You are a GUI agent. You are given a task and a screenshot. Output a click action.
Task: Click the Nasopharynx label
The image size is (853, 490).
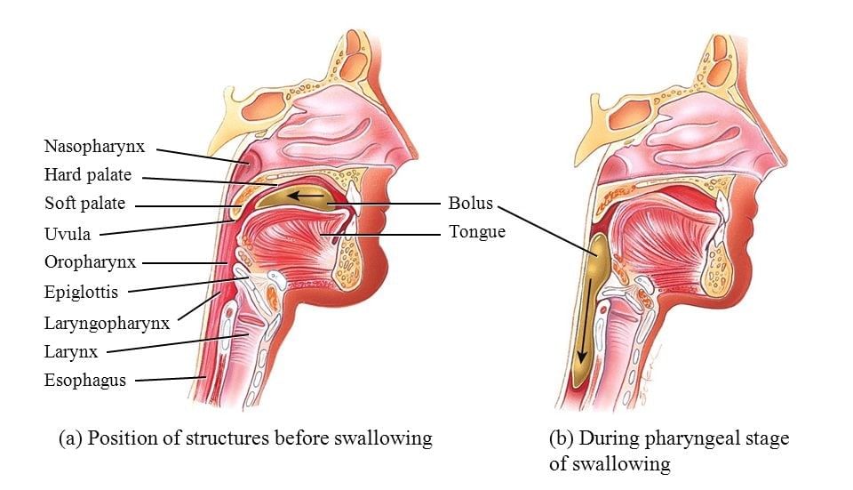point(94,146)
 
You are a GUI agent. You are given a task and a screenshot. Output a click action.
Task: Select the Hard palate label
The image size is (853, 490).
point(88,175)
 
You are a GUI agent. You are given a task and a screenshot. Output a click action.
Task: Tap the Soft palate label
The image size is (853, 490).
point(85,204)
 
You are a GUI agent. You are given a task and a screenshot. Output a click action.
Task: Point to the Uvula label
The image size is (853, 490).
point(68,234)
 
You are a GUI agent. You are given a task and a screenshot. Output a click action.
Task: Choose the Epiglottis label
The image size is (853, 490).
point(81,291)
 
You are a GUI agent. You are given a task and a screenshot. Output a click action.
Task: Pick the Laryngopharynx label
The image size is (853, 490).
point(107,323)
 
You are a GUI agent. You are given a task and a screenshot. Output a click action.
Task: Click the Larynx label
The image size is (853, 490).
point(70,351)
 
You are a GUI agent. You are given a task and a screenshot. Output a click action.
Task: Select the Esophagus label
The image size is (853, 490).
point(85,381)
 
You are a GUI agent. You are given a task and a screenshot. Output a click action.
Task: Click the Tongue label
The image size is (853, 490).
point(477,232)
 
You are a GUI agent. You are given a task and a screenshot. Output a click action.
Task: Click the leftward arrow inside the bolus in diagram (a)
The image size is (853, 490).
point(310,194)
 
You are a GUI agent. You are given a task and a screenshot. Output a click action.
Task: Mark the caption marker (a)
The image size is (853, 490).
point(71,438)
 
